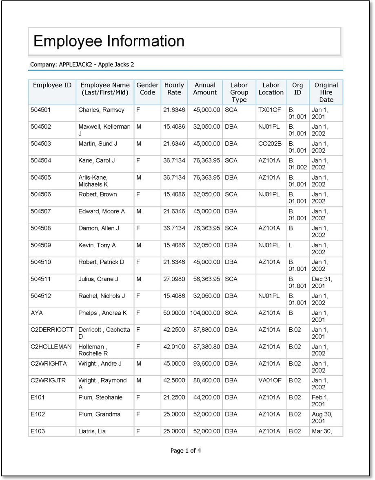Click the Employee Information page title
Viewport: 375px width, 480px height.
click(x=109, y=41)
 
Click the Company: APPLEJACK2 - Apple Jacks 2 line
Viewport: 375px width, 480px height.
click(x=82, y=64)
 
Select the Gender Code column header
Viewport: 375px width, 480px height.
click(x=147, y=89)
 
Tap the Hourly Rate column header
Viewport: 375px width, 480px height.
click(x=174, y=89)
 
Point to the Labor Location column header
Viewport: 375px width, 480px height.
click(x=271, y=89)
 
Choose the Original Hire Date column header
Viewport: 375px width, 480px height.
click(x=326, y=92)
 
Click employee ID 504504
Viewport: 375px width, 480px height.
click(x=41, y=160)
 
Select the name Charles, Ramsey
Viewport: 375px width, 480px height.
click(x=101, y=110)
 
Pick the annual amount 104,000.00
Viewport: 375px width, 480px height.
click(x=205, y=313)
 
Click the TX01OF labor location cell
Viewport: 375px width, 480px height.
click(x=270, y=110)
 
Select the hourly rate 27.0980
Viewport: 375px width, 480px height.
click(x=174, y=279)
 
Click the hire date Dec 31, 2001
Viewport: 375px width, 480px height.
click(x=322, y=283)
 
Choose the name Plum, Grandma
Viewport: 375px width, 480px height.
click(x=99, y=414)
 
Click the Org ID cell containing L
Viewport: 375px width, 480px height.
click(x=290, y=245)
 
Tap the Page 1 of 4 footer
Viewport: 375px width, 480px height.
click(x=186, y=451)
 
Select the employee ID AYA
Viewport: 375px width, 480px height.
click(x=37, y=313)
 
